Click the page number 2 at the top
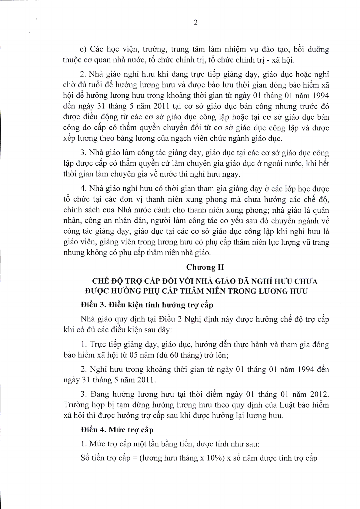click(195, 23)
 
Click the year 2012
click(319, 394)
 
